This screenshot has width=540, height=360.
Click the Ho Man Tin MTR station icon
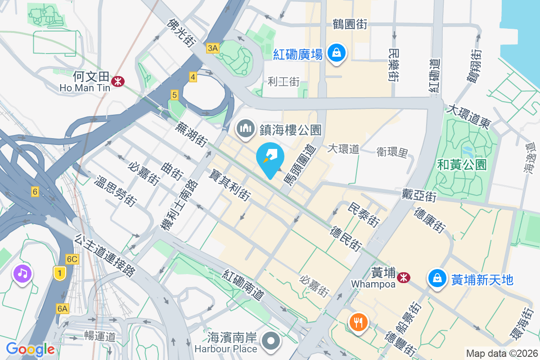tap(118, 81)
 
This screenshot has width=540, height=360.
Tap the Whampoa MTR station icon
tap(404, 277)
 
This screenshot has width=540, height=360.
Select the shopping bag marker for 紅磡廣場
tap(336, 53)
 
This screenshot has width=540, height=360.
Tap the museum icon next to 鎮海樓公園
tap(245, 128)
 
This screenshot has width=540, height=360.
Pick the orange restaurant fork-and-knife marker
tap(358, 322)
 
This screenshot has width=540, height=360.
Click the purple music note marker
tap(22, 273)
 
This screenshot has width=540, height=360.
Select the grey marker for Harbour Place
tap(271, 340)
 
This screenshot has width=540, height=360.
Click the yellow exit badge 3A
tap(213, 48)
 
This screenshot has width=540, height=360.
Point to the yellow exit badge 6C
tap(72, 259)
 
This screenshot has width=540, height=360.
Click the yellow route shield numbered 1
tap(59, 272)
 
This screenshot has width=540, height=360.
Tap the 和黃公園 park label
tap(462, 165)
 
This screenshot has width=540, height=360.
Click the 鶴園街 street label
tap(350, 24)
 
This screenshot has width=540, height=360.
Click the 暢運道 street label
tap(100, 336)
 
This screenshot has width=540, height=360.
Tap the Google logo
tap(30, 349)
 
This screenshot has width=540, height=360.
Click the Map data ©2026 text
tap(502, 353)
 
